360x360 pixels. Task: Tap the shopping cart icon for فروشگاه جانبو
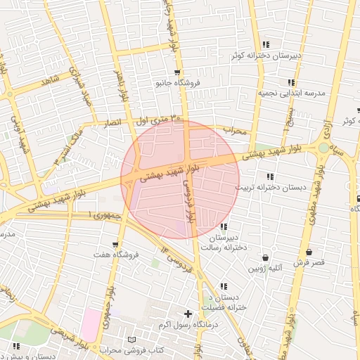tap(176, 72)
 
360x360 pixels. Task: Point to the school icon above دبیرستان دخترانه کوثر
tap(266, 45)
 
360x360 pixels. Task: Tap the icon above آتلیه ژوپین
tap(265, 258)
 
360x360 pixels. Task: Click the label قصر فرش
tap(309, 262)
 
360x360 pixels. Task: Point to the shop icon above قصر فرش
tap(309, 252)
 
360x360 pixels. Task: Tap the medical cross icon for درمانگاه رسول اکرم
tap(187, 314)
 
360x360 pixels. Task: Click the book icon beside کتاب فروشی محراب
tap(131, 340)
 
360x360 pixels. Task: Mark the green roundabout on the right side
tap(323, 148)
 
